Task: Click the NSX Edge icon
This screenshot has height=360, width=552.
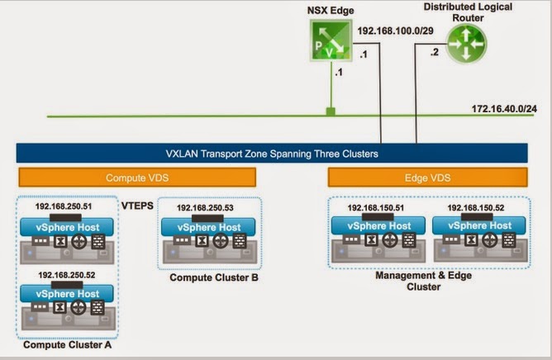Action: (331, 40)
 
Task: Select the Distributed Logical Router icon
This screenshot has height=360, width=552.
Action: (466, 44)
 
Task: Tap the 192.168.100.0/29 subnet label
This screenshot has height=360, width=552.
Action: (395, 31)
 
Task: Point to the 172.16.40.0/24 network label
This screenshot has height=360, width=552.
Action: (504, 109)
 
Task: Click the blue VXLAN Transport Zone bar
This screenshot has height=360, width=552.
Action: (272, 153)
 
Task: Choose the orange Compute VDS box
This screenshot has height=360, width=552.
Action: (137, 178)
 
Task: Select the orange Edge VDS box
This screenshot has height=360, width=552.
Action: (427, 178)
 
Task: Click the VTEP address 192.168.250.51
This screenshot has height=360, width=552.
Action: (64, 206)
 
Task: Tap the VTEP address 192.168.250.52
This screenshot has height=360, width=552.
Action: (67, 275)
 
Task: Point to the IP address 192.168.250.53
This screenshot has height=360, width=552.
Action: (205, 207)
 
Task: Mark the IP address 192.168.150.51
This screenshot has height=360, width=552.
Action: (376, 207)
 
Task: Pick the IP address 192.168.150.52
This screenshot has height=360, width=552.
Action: (476, 207)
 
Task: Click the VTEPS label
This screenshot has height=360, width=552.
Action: (137, 206)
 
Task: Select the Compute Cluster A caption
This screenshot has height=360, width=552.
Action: (67, 344)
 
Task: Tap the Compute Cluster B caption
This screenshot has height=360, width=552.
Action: (214, 277)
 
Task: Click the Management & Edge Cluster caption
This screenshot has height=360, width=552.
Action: (424, 281)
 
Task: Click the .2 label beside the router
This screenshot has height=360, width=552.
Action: (435, 53)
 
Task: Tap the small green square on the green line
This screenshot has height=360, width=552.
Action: (331, 111)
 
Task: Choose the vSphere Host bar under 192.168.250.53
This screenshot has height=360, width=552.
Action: (208, 227)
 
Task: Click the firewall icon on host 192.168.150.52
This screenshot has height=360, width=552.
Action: (509, 240)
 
